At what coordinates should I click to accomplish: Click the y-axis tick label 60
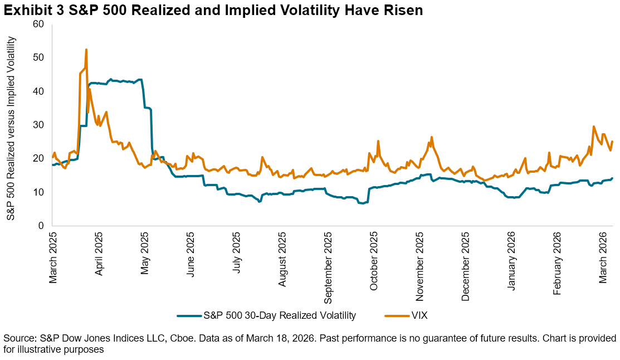(38, 24)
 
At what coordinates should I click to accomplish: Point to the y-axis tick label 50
(38, 57)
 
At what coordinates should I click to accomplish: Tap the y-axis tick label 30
(38, 125)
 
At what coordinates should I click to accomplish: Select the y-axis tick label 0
(41, 226)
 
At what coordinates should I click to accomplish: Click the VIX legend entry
(419, 315)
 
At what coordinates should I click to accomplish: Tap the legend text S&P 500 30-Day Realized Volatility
(280, 315)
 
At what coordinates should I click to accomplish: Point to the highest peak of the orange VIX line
(86, 50)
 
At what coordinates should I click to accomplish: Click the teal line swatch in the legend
(189, 315)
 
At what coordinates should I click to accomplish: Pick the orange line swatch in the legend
(397, 315)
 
